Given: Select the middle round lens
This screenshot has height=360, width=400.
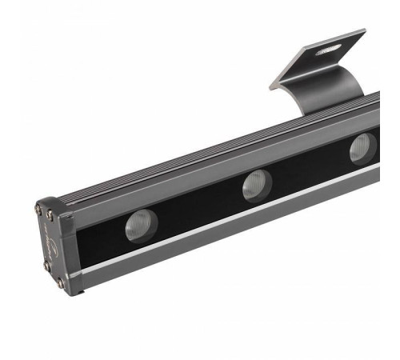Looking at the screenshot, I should coord(257,185).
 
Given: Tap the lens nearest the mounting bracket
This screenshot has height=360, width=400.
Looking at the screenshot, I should coord(362,148).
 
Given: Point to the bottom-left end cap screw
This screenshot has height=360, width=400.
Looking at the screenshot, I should coord(47,266).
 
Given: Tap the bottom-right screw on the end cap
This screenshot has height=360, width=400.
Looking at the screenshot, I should coord(61,282).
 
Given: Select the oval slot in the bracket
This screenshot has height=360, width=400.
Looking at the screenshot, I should coord(326,50).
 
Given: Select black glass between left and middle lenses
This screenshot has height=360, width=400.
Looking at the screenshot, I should coord(196,208).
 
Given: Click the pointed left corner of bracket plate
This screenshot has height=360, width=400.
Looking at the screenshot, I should coord(270,82).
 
